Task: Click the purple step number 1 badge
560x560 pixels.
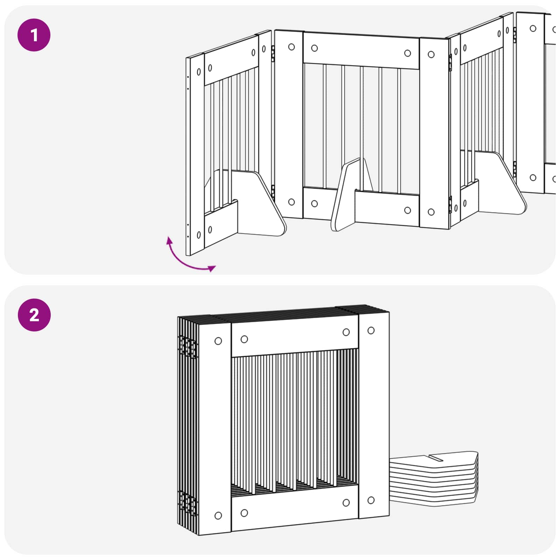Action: tap(34, 35)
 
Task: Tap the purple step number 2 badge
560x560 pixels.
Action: tap(34, 315)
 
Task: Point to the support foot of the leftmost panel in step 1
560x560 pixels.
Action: tap(259, 203)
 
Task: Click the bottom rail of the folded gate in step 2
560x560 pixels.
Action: tap(295, 507)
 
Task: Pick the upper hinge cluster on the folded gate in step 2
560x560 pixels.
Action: tap(188, 347)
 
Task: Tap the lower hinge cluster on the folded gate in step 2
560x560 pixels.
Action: tap(188, 502)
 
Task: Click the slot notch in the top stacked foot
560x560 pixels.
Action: tap(436, 457)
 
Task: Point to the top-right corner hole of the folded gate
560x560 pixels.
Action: tap(371, 330)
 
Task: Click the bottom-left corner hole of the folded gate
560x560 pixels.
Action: tap(218, 515)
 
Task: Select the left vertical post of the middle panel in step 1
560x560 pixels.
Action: tap(289, 124)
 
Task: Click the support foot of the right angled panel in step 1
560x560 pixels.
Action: tap(500, 184)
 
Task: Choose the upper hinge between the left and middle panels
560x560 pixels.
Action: tap(273, 54)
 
